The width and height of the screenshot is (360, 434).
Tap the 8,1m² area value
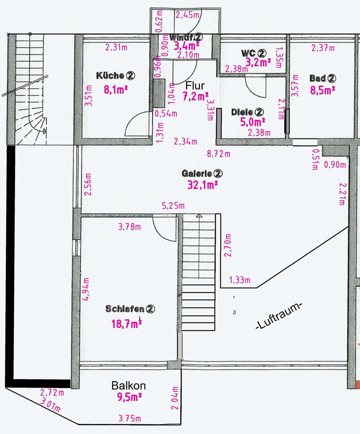point(116,90)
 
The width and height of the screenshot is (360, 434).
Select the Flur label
point(195,86)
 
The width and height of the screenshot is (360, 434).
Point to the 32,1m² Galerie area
point(202,185)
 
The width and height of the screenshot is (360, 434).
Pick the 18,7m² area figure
point(127,323)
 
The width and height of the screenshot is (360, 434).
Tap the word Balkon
point(129,386)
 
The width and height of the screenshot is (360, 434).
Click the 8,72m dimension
point(218,154)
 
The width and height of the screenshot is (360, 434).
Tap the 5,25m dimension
point(173,206)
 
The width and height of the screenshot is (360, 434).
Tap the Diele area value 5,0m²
point(252,122)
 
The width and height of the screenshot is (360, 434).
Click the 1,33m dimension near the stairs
point(239,280)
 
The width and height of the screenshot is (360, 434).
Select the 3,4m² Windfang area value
point(186,46)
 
